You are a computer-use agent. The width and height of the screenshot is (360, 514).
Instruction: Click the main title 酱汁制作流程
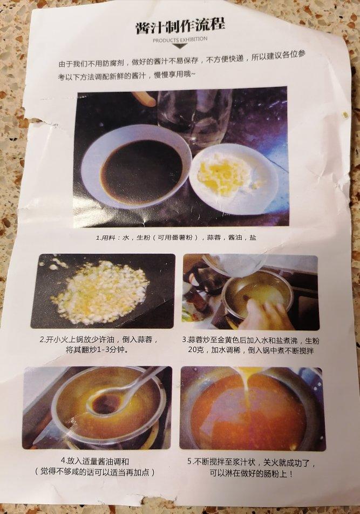point(180,26)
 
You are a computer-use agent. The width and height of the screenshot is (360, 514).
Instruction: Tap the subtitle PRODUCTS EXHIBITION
point(180,39)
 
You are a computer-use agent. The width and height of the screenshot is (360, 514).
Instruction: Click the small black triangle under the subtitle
point(180,46)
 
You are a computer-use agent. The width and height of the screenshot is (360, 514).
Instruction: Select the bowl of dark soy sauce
point(137,167)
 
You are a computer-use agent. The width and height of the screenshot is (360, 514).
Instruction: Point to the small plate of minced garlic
point(233,178)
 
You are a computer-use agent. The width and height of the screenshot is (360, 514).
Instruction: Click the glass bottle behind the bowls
point(195,118)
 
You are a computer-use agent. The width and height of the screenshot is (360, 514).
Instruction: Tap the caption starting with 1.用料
point(176,238)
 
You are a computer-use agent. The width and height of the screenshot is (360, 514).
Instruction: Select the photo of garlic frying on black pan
point(103,291)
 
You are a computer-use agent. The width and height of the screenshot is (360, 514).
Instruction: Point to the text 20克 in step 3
point(196,350)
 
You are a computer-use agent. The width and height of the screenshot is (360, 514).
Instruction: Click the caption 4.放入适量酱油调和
point(95,461)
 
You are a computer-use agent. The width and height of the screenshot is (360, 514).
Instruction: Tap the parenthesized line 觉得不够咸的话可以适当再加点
point(94,472)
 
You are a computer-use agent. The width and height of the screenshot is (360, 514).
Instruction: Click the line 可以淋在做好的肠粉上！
point(252,474)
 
